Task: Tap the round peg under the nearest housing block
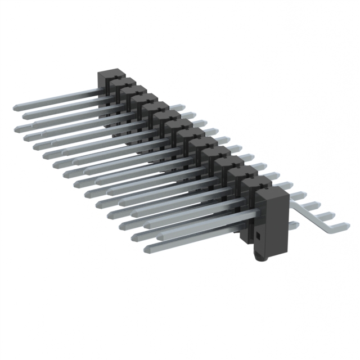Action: pyautogui.click(x=260, y=256)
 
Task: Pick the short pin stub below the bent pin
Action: pyautogui.click(x=295, y=225)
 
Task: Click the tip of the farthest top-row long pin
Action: pyautogui.click(x=16, y=106)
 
